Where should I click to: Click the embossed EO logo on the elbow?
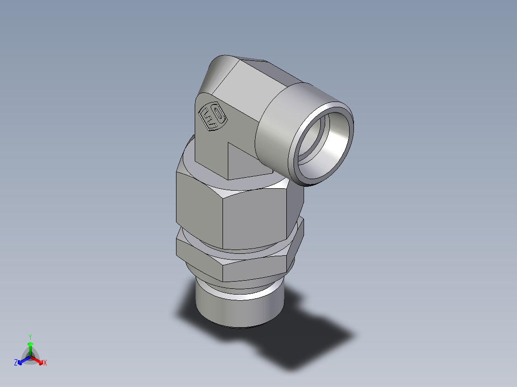211,117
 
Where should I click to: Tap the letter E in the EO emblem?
208,119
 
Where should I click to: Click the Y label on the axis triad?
30,337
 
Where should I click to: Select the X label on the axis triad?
45,363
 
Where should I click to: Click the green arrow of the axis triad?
30,347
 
